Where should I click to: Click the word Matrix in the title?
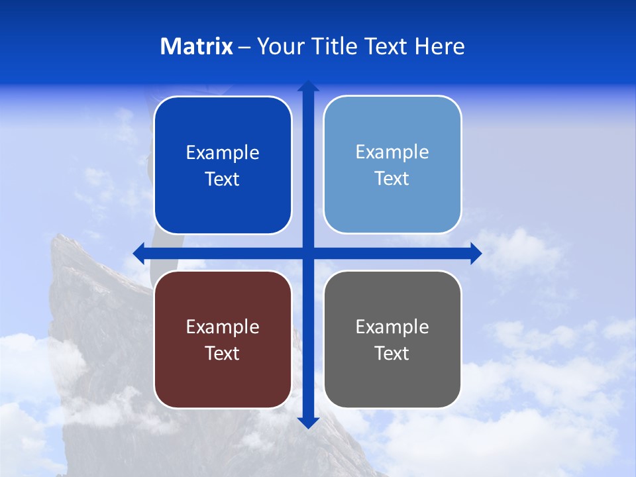[197, 46]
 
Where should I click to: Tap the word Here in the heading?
[440, 46]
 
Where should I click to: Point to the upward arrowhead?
[308, 85]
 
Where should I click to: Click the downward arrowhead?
[308, 423]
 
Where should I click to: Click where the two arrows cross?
[308, 253]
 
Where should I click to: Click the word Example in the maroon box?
[223, 327]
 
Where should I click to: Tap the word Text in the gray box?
[392, 353]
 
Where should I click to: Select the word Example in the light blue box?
[392, 152]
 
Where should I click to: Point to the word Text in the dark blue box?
[223, 179]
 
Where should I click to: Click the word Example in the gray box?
[392, 327]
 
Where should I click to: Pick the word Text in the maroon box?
[223, 353]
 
